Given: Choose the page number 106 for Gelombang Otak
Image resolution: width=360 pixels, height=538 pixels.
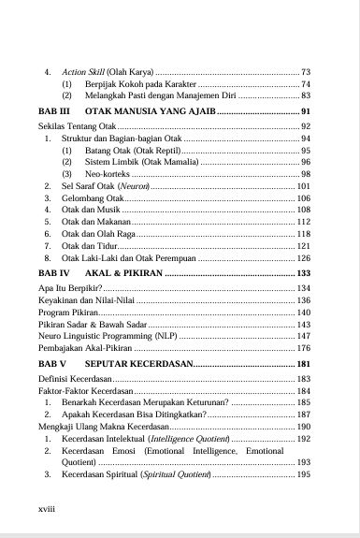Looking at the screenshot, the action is tap(303, 199).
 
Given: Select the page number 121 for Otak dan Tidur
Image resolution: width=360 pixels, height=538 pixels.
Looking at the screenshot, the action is tap(303, 245).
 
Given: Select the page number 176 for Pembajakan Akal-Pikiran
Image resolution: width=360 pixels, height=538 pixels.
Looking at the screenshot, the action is tap(303, 348).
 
